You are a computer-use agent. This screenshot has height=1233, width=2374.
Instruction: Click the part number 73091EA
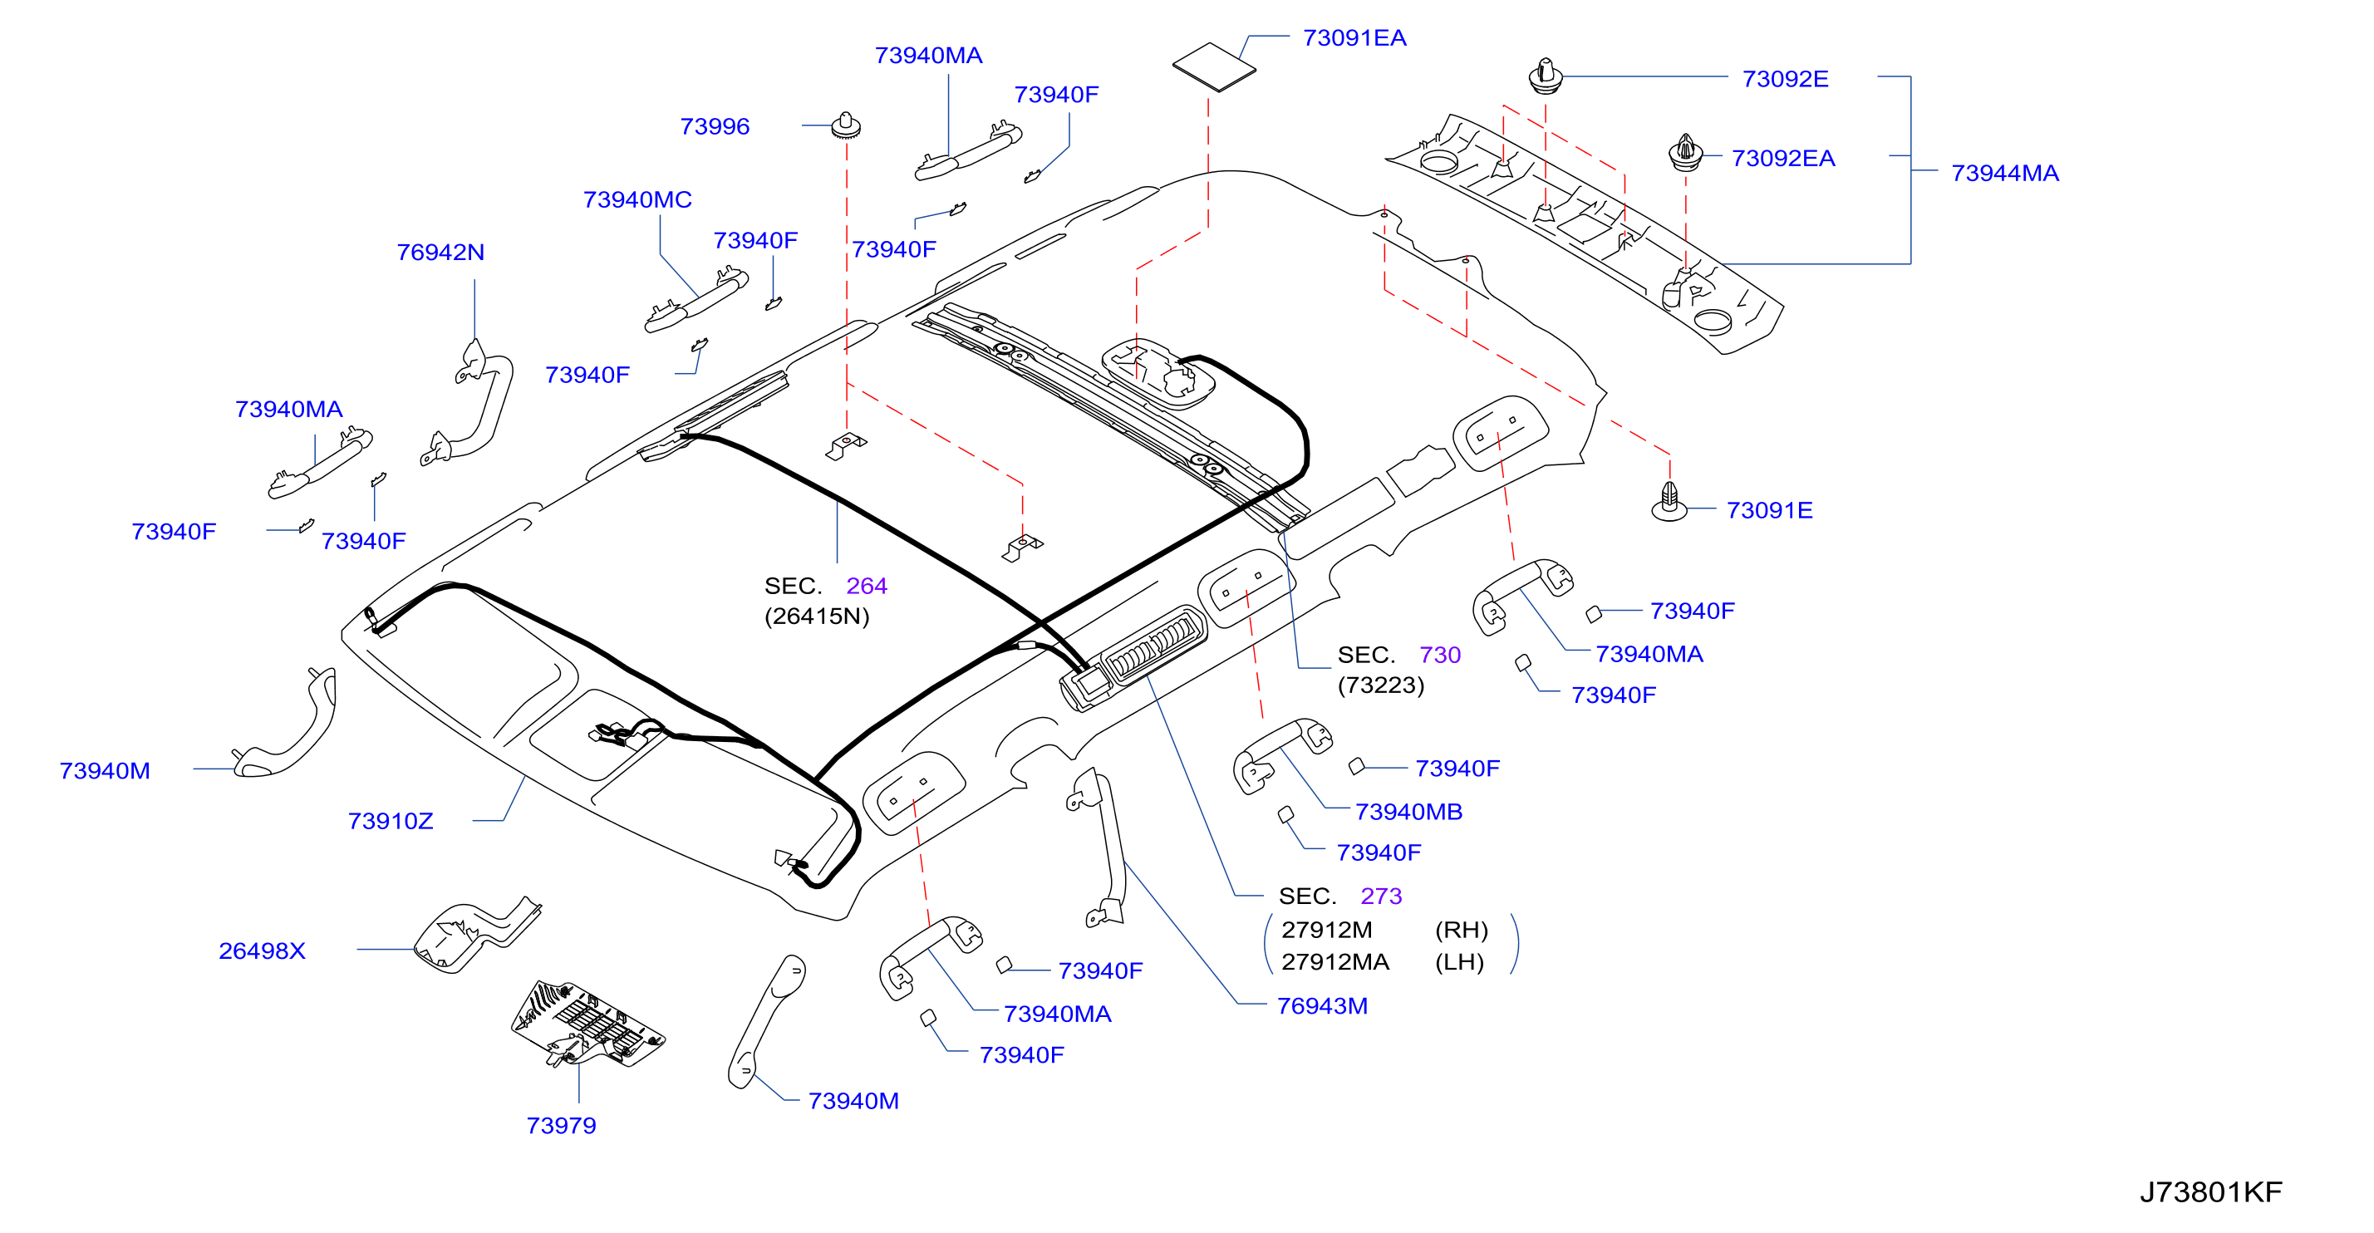point(1354,37)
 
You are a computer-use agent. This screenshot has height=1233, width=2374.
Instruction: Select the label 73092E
point(1785,78)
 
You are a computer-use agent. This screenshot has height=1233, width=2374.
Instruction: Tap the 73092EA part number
point(1783,158)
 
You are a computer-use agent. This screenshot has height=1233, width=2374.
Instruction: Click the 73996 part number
point(715,126)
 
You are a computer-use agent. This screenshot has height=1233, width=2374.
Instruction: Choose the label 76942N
point(440,252)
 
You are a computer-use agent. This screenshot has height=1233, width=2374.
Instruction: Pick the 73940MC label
point(637,199)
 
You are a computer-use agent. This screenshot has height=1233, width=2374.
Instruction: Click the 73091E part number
point(1769,509)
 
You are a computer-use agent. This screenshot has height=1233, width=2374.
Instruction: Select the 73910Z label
point(390,820)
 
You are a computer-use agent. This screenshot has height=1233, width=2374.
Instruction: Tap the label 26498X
point(262,951)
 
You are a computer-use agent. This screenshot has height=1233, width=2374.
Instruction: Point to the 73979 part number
point(561,1125)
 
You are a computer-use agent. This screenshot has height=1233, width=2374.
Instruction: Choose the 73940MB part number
point(1408,811)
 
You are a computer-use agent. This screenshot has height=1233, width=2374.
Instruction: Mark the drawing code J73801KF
point(2211,1191)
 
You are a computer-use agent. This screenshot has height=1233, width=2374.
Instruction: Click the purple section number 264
point(867,585)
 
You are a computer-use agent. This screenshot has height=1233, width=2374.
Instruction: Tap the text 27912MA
point(1334,961)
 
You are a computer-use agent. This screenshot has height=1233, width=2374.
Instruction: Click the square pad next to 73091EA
point(1214,66)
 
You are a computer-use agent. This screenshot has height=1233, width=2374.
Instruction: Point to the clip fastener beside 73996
point(846,125)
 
